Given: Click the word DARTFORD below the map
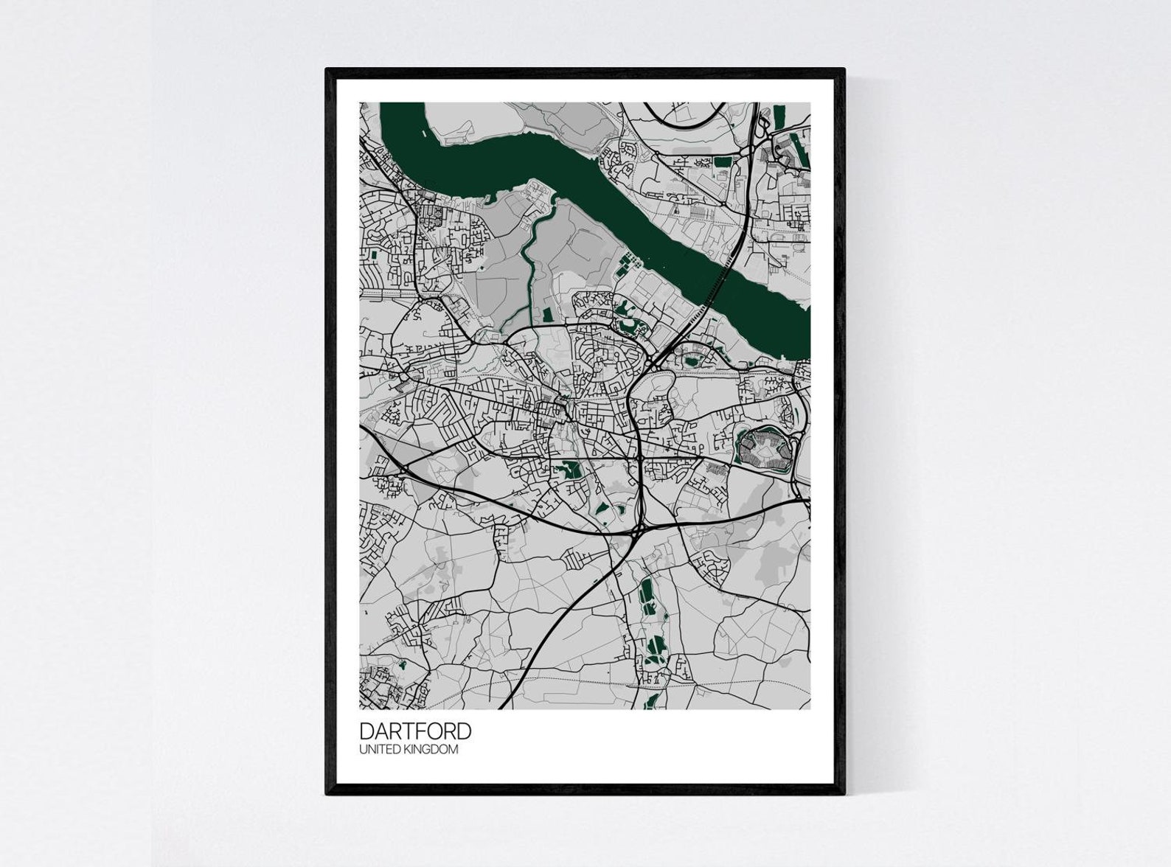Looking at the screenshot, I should click(415, 731).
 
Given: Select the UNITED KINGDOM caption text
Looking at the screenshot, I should click(409, 750).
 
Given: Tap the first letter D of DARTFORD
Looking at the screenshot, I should click(366, 731).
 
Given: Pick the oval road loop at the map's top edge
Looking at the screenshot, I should click(683, 114).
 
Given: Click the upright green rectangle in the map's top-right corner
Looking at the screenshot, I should click(779, 116).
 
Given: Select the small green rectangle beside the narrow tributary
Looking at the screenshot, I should click(546, 315).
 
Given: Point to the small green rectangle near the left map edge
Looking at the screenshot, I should click(374, 255).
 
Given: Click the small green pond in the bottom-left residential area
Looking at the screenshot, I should click(402, 664).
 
